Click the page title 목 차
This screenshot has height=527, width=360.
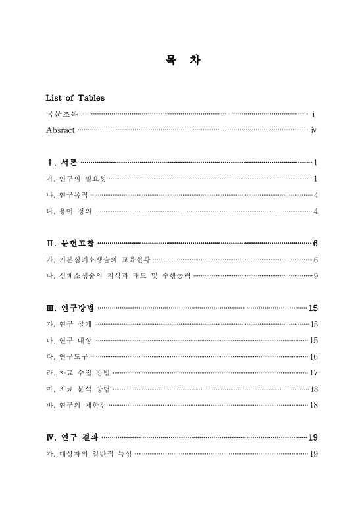[x=180, y=61]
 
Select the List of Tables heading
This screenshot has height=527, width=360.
[x=75, y=98]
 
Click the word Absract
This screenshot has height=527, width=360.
[x=61, y=130]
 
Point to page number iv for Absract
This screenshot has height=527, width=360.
[x=314, y=130]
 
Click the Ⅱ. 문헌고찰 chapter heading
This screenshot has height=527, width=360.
[x=70, y=243]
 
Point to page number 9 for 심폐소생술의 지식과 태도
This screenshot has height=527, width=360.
[x=316, y=275]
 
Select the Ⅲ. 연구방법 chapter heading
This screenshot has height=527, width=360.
[x=70, y=308]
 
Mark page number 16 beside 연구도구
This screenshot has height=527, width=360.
[x=314, y=356]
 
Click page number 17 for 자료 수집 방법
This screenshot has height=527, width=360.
[x=314, y=372]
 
